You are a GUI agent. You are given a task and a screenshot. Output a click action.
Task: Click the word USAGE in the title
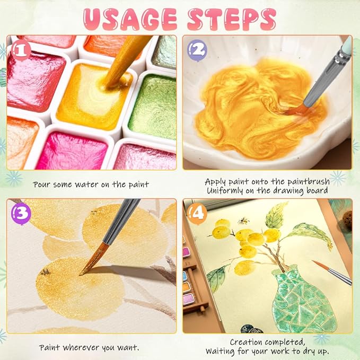coord(130,19)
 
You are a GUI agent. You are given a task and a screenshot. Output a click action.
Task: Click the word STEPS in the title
coord(232,19)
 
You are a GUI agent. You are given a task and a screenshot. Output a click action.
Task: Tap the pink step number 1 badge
coord(21,50)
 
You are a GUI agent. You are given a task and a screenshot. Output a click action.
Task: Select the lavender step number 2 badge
coord(197,50)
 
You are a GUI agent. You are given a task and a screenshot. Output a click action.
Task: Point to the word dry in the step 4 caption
coord(309,352)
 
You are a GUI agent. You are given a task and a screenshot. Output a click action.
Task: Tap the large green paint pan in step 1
coord(153,107)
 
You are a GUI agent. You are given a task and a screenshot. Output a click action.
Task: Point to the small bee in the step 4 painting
coord(243,221)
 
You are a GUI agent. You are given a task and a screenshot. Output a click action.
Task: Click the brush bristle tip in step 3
coord(81,274)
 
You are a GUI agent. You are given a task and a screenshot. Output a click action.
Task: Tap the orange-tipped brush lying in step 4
coord(332,273)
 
